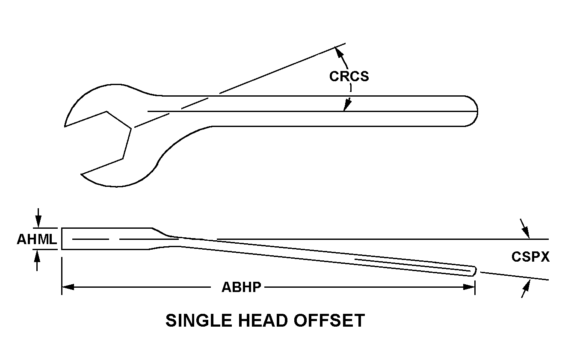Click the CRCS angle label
pos(349,76)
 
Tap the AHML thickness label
pos(37,239)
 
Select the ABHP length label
pos(241,287)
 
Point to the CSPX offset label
pos(530,257)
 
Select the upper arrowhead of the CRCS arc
pos(338,51)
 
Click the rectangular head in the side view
pos(107,239)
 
